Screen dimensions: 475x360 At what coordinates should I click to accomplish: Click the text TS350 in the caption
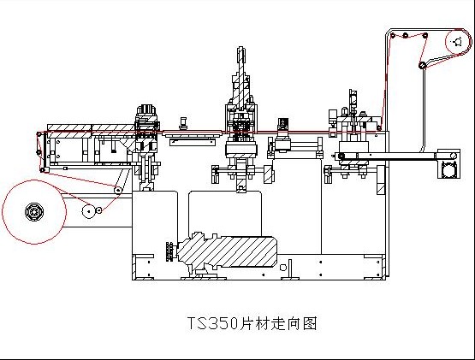[x=212, y=323]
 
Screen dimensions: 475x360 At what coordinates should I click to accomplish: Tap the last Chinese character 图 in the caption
[x=310, y=323]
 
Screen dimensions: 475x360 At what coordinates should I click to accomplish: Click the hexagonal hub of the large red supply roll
[x=34, y=212]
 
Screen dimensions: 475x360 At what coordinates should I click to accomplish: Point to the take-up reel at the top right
[x=459, y=42]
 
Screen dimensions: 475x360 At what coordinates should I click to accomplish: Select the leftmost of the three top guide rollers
[x=393, y=36]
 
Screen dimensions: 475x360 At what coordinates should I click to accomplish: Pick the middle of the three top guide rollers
[x=406, y=36]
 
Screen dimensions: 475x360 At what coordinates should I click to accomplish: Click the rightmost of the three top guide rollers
[x=425, y=36]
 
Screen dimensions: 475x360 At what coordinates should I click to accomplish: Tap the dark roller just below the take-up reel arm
[x=421, y=65]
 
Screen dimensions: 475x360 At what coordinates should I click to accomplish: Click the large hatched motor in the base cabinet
[x=227, y=251]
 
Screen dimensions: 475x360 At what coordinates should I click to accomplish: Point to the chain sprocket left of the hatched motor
[x=171, y=252]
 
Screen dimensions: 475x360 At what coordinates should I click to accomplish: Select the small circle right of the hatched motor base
[x=283, y=268]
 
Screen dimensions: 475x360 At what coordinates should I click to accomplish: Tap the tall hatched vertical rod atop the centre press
[x=240, y=79]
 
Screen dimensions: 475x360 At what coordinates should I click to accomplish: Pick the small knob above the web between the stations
[x=183, y=123]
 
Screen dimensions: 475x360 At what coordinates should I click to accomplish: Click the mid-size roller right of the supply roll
[x=88, y=211]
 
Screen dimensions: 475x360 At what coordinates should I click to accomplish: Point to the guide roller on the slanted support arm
[x=118, y=190]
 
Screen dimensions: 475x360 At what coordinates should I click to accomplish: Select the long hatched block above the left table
[x=91, y=127]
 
